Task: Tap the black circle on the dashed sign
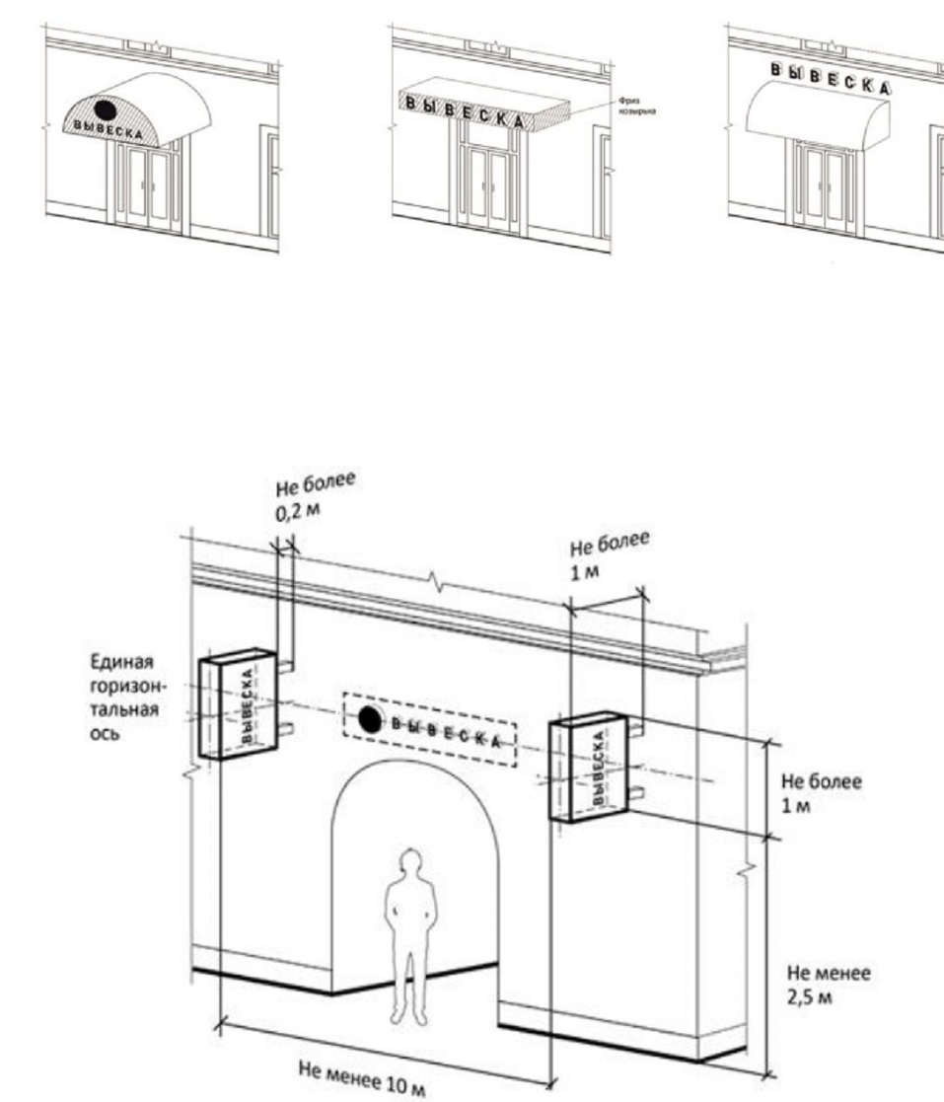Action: pos(369,720)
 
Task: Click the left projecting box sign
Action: pos(237,703)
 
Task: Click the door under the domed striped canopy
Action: pos(146,187)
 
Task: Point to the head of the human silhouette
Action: pos(405,861)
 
